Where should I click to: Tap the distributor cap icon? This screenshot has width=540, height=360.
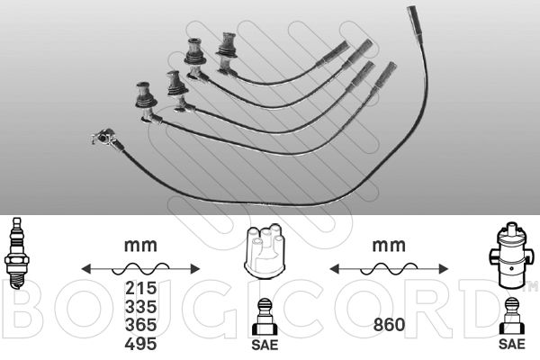(265, 252)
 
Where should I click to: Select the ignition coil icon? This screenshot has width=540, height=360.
(512, 255)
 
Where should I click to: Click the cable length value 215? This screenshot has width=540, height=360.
(141, 288)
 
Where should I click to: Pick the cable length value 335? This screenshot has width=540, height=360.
(141, 307)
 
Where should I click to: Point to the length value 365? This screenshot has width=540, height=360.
(141, 325)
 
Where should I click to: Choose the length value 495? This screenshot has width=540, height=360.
(141, 344)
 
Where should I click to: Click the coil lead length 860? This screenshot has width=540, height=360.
(389, 325)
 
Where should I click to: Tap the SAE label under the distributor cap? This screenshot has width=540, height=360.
(265, 345)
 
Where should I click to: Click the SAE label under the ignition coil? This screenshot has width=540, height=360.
(512, 344)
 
